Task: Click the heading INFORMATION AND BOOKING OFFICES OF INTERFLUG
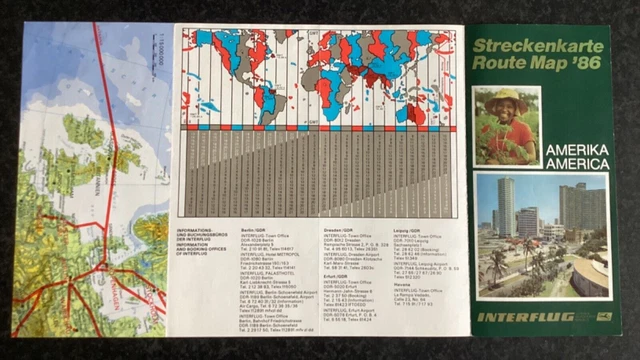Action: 205,245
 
